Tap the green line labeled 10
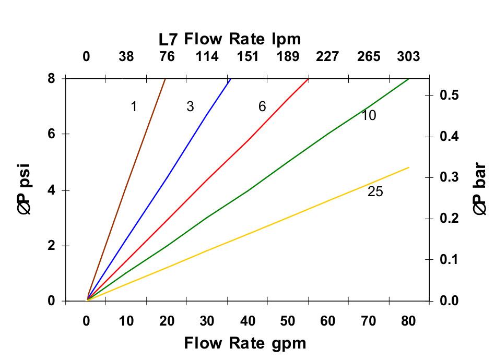click(x=247, y=190)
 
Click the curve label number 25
click(x=375, y=192)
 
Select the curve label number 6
click(x=262, y=107)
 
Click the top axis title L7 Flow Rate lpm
click(x=230, y=39)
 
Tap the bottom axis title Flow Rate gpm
click(x=245, y=343)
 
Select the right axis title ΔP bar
click(x=480, y=189)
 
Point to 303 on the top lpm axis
click(x=408, y=56)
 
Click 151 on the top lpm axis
click(x=247, y=56)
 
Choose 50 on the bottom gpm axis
click(x=288, y=321)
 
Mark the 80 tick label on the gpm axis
click(x=408, y=321)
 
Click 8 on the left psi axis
click(x=51, y=79)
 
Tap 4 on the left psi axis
click(x=51, y=190)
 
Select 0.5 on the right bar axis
click(x=449, y=95)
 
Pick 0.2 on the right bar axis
click(x=449, y=219)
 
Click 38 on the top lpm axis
click(x=126, y=56)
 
